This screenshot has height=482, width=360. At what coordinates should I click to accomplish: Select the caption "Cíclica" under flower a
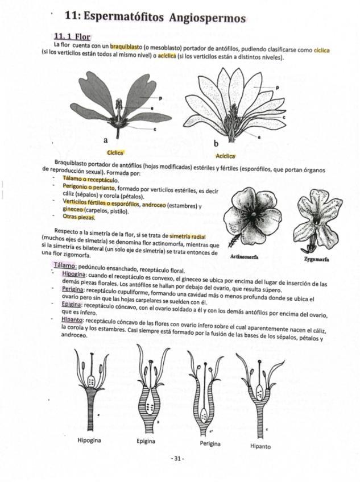point(114,152)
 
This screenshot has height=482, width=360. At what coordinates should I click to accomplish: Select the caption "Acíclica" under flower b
point(226,156)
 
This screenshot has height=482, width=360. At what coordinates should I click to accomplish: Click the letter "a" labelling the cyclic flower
point(106,139)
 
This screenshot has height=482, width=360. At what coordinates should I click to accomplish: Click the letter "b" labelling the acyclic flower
point(216,142)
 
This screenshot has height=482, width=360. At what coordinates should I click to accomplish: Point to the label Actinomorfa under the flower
point(244,257)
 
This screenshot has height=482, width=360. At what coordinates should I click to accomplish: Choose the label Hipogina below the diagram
point(89,440)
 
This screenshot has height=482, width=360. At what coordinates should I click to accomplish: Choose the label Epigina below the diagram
point(146,441)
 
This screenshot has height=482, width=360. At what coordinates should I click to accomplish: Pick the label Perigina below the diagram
point(210,443)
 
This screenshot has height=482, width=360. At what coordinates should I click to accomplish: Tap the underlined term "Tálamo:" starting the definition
point(65,266)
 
